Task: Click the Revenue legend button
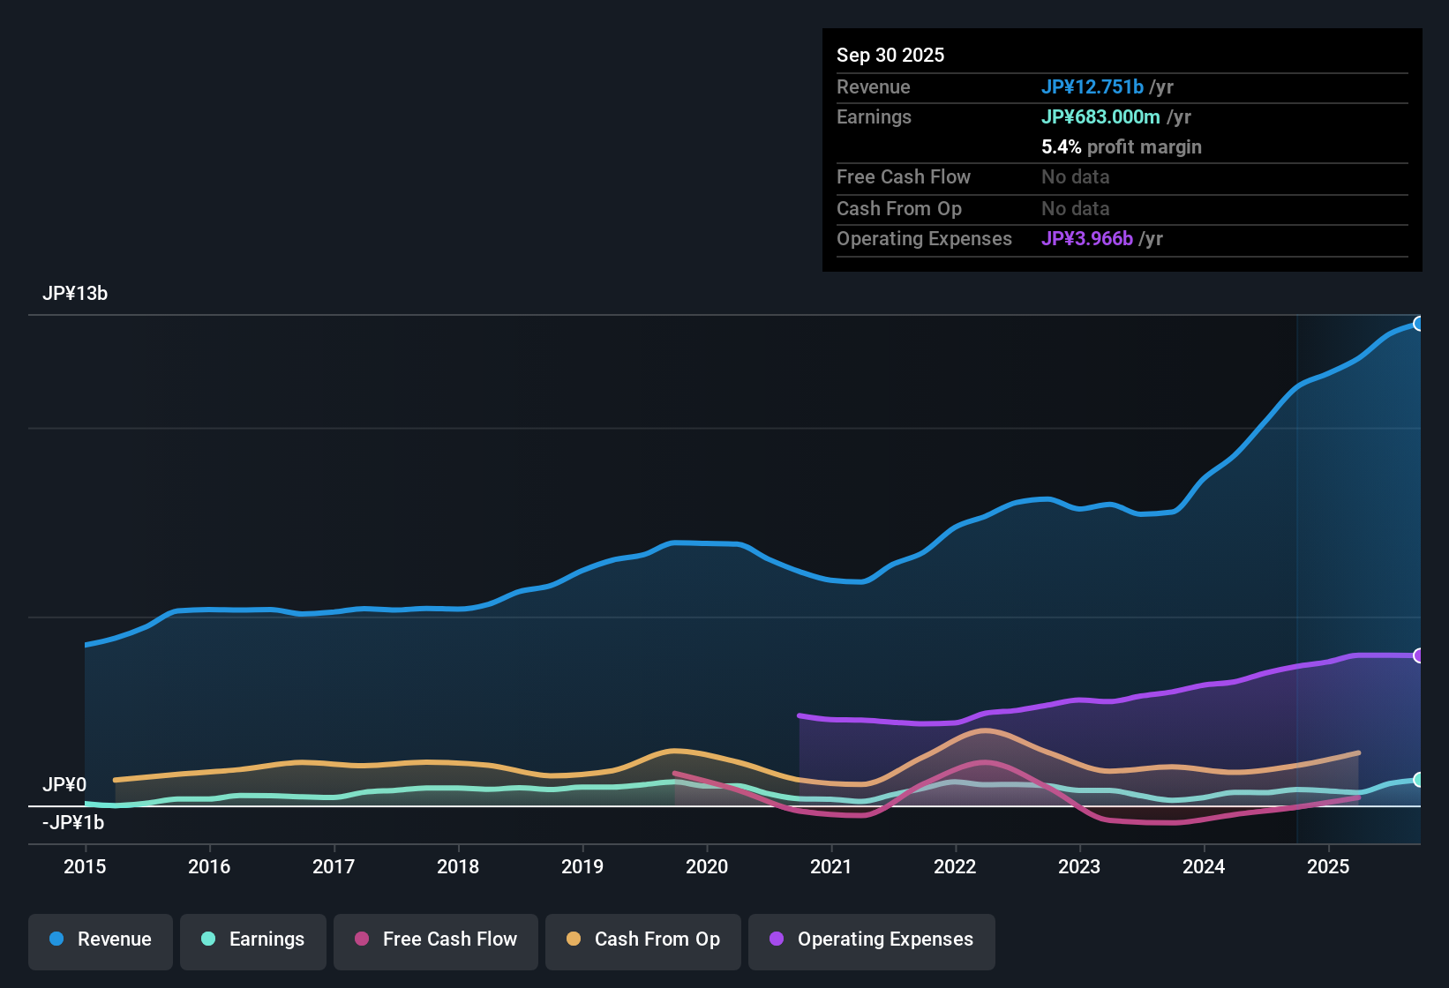(x=101, y=939)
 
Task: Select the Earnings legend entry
(x=253, y=939)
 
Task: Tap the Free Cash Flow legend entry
(x=436, y=939)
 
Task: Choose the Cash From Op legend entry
(x=643, y=939)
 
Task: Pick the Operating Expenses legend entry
(x=872, y=939)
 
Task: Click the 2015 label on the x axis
(x=85, y=866)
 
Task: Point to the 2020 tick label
(x=707, y=866)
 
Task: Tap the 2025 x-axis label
(x=1328, y=866)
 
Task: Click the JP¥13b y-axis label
(x=75, y=294)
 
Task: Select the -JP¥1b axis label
(x=73, y=823)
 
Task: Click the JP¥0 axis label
(x=64, y=785)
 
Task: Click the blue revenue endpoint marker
(x=1419, y=324)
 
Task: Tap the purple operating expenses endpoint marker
(x=1419, y=655)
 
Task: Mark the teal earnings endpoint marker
(x=1419, y=780)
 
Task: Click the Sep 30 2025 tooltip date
(x=890, y=55)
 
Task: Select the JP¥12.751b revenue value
(x=1092, y=86)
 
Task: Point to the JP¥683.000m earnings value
(x=1100, y=116)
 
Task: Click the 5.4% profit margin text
(x=1121, y=147)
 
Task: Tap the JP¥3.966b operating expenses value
(x=1087, y=238)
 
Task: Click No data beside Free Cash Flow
(x=1075, y=177)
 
